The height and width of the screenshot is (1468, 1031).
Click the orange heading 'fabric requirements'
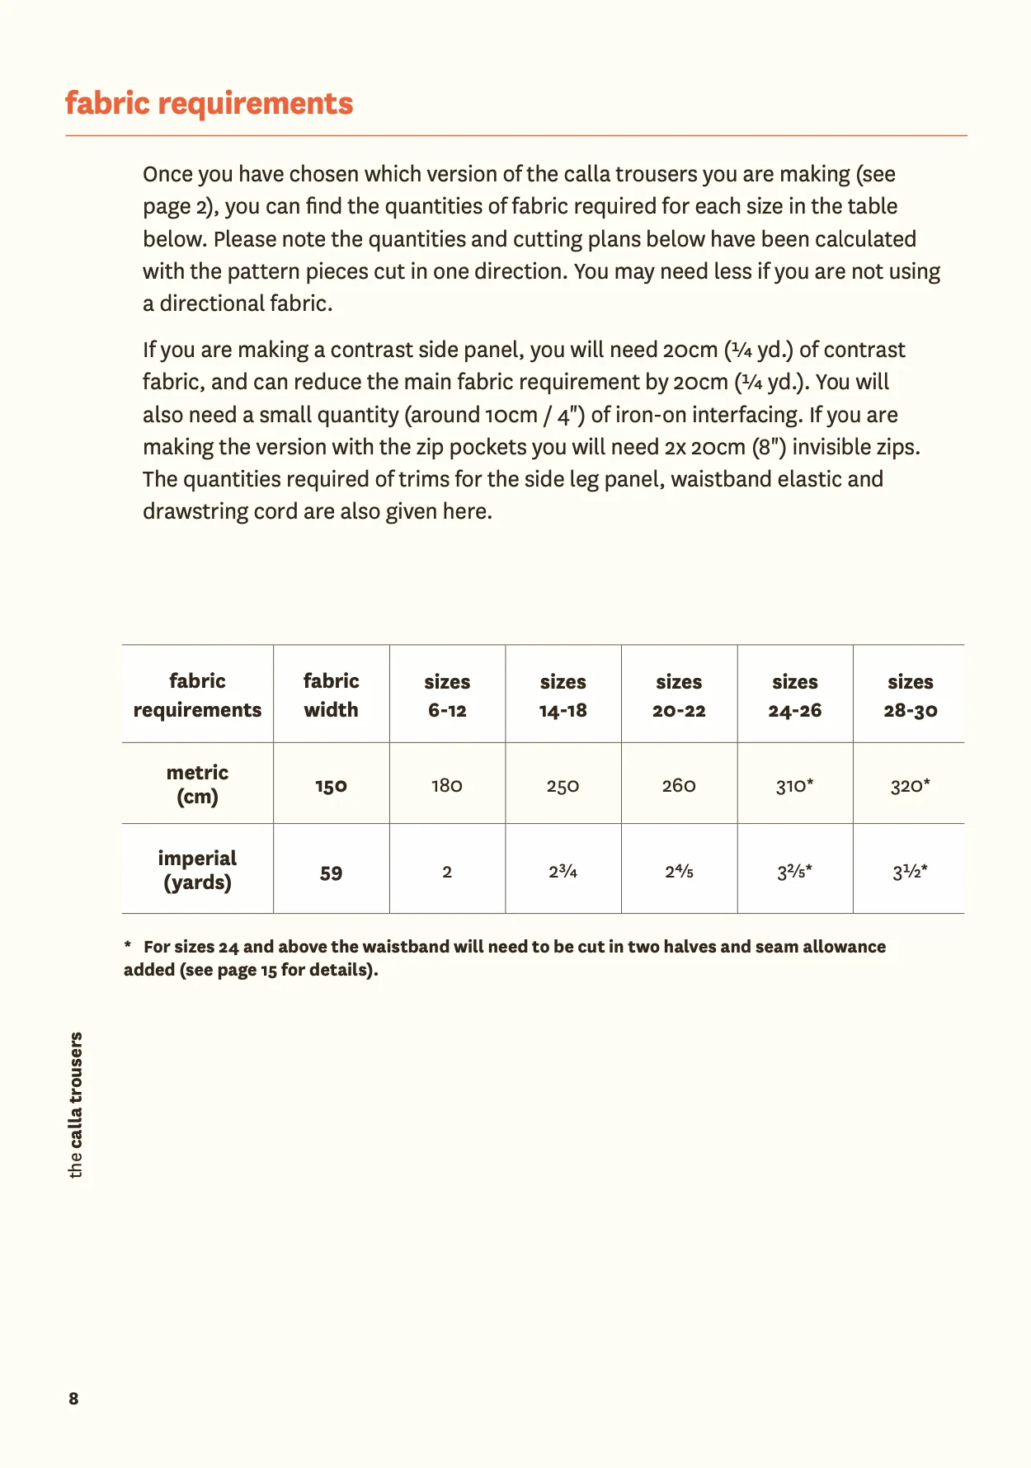click(209, 104)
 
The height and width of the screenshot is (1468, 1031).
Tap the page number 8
click(73, 1398)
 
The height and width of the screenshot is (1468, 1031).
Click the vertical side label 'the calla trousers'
click(75, 1104)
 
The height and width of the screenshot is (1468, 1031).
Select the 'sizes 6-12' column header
click(447, 695)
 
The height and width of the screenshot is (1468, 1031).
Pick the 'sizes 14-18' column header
click(563, 695)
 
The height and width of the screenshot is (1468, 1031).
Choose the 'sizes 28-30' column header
click(910, 695)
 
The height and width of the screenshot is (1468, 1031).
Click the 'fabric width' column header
click(331, 695)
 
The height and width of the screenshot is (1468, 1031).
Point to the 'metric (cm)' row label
click(197, 784)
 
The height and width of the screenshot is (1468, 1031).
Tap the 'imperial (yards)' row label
click(197, 870)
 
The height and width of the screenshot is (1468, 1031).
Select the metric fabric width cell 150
click(331, 786)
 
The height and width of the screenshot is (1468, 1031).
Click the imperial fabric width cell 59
click(331, 873)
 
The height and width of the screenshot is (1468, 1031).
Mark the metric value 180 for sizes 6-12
click(447, 786)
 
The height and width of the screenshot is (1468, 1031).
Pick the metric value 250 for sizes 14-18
click(563, 786)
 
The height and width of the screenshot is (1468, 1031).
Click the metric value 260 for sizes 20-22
click(679, 786)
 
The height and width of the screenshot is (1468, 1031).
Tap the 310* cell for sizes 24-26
click(794, 786)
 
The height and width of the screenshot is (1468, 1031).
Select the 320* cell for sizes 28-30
click(910, 786)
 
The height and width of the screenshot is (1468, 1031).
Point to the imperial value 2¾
click(563, 872)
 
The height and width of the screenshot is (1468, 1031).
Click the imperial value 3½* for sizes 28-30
click(910, 872)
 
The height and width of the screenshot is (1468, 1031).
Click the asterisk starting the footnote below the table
click(128, 945)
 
